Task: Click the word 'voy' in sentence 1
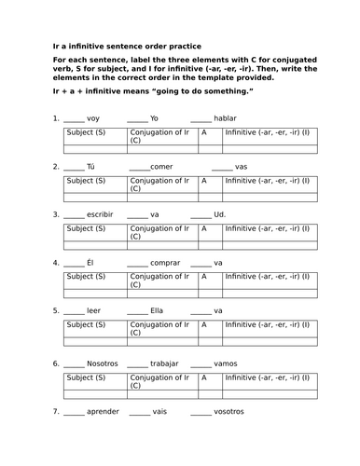coord(92,119)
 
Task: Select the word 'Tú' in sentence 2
coord(90,167)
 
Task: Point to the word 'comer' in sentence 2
coord(162,167)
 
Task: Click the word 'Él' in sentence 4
coord(90,263)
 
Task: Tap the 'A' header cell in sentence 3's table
coord(205,227)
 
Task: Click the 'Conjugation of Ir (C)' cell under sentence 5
coord(160,327)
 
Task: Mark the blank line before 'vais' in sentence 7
coord(140,413)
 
